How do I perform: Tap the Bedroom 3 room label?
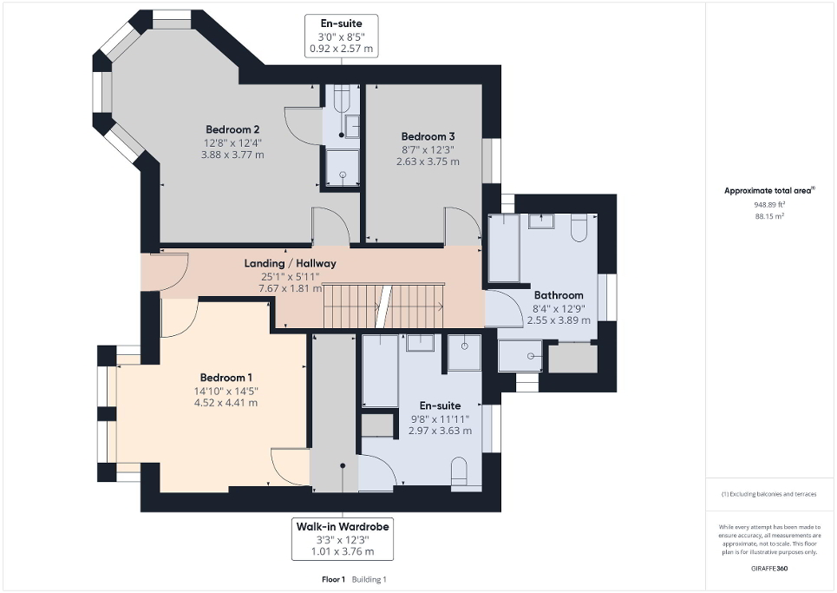pos(428,136)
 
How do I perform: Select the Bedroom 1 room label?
pos(226,377)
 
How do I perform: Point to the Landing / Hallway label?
pos(290,263)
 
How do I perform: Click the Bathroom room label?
pos(559,295)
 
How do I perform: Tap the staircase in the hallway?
pos(382,306)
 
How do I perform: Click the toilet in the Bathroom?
pos(580,229)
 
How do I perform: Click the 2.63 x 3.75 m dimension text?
pos(428,161)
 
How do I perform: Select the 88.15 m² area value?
pos(770,216)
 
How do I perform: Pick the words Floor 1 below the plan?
pos(332,579)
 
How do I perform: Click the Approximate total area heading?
pos(770,190)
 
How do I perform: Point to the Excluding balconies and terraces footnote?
pos(770,494)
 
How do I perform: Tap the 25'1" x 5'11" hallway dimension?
pos(290,276)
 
